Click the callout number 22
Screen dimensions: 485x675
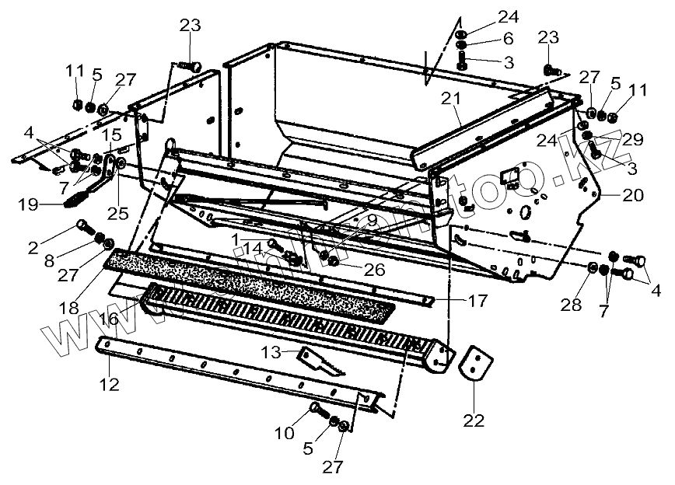coord(474,420)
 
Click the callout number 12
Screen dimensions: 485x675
coord(109,382)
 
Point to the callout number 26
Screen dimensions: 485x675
coord(351,270)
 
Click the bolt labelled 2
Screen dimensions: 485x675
coord(83,228)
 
